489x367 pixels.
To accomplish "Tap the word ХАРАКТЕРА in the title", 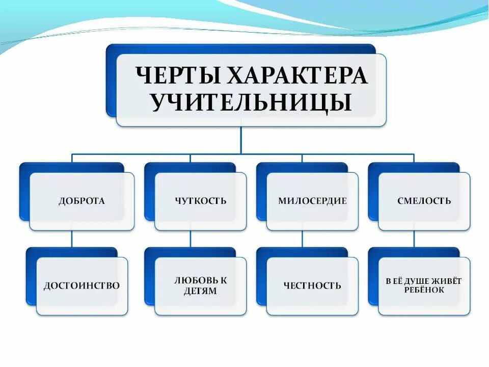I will click(x=296, y=76).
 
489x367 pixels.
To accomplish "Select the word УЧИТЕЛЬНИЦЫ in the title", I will click(x=251, y=102).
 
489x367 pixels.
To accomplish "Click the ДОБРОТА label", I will click(x=81, y=201).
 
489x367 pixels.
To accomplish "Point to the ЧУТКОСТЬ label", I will click(x=200, y=201).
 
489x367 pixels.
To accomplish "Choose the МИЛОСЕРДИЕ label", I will click(x=312, y=201).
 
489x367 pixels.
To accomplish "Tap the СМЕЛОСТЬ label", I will click(x=424, y=201).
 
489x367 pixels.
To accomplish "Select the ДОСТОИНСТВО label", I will click(x=81, y=285).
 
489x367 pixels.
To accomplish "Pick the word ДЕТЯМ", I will click(x=201, y=291).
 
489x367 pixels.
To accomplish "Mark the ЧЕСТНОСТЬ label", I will click(x=312, y=285).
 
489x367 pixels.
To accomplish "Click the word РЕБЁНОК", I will click(x=424, y=290).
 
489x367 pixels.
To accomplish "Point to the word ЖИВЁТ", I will click(x=448, y=280).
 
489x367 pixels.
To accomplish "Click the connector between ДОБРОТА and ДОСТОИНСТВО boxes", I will click(x=72, y=239).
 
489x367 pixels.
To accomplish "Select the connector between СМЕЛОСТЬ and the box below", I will click(x=414, y=239).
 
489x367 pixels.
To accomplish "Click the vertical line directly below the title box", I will click(x=241, y=140).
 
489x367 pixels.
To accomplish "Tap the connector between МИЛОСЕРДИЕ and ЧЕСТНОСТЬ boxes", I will click(x=302, y=239).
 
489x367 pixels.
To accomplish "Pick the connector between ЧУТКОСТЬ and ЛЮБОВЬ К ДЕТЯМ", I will click(x=191, y=239).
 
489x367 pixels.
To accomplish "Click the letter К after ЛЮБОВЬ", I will click(x=224, y=280).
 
